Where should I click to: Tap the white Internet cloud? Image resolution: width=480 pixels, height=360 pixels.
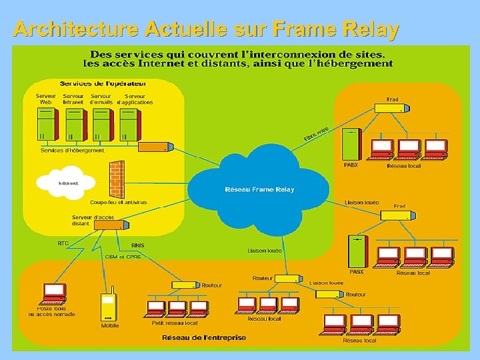tap(67, 181)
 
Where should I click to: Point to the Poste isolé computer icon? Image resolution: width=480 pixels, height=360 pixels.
tap(55, 292)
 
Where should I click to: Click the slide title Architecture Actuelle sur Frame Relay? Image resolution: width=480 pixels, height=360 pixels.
tap(206, 29)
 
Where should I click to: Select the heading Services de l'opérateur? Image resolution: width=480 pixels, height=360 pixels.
tap(103, 83)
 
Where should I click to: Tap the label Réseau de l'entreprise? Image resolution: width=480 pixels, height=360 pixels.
tap(204, 337)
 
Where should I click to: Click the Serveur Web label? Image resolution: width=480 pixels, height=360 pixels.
tap(46, 99)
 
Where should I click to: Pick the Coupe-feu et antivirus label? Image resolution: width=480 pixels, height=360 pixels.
tap(118, 202)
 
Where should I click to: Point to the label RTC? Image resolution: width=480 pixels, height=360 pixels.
tap(63, 243)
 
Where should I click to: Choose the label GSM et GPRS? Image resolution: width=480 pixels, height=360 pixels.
tap(123, 256)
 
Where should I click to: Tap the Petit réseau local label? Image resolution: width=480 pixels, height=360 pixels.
tap(175, 323)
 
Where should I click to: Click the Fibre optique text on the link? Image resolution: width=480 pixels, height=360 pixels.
tap(316, 134)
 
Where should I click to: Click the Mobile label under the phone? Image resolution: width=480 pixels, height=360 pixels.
tap(110, 325)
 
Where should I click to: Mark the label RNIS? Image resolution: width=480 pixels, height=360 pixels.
tap(138, 245)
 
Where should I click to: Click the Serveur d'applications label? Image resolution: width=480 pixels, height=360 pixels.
tap(135, 99)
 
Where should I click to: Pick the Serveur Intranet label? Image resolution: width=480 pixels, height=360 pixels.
tap(73, 99)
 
